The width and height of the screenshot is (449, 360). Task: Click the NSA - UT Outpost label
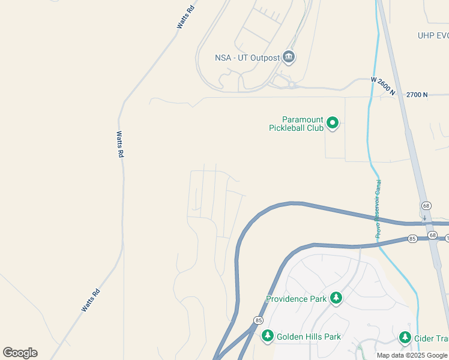[x=247, y=58]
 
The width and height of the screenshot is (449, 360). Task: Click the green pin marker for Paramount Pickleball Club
[x=333, y=124]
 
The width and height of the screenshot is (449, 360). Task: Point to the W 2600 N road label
[x=383, y=86]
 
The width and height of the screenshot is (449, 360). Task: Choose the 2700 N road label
[x=417, y=95]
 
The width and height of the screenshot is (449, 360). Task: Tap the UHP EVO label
[x=433, y=36]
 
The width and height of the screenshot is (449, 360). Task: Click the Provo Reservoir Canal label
[x=378, y=209]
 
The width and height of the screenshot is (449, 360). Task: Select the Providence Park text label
[x=296, y=298]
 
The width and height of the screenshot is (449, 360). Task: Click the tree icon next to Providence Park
[x=336, y=298]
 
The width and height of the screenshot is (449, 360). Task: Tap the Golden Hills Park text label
[x=309, y=337]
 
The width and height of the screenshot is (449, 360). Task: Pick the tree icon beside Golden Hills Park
[x=267, y=337]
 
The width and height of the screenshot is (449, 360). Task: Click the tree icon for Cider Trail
[x=405, y=337]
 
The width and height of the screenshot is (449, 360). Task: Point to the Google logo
[x=20, y=353]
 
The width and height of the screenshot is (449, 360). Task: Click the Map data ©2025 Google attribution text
[x=412, y=355]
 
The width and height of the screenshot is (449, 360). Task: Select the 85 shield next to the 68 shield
[x=412, y=239]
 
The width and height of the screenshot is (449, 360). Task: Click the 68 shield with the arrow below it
[x=425, y=206]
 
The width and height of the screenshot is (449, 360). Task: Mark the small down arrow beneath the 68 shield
[x=425, y=217]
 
